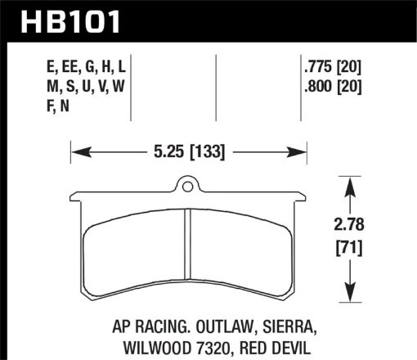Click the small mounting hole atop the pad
pyautogui.click(x=188, y=186)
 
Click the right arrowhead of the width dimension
pyautogui.click(x=299, y=151)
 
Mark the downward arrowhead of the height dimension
pyautogui.click(x=351, y=295)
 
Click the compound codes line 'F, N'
pyautogui.click(x=47, y=103)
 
